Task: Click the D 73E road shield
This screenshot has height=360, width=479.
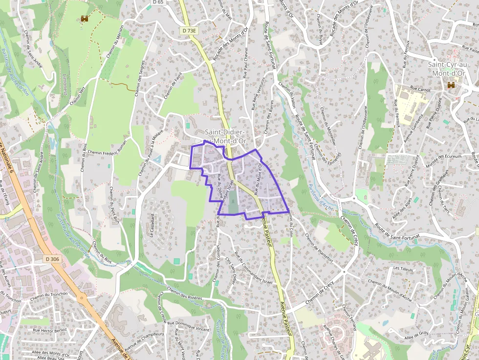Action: (x=189, y=30)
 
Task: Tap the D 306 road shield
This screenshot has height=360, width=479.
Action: (x=51, y=258)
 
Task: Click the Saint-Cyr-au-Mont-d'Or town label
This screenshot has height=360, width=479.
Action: (x=445, y=69)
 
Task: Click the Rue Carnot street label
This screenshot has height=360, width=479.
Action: (x=420, y=89)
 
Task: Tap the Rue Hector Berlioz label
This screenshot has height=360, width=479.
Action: (x=50, y=330)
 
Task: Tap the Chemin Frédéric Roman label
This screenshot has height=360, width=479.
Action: (x=108, y=147)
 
